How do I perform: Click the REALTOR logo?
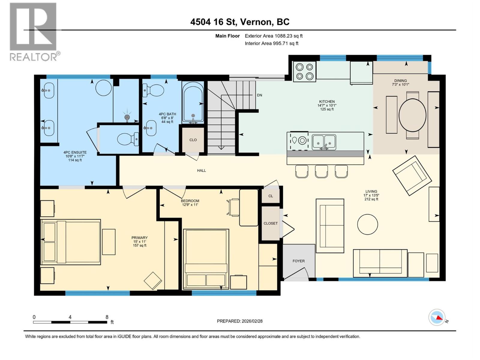pos(33,31)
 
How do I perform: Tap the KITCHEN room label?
pos(327,102)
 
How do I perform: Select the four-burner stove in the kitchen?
pos(304,71)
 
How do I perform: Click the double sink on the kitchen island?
pos(324,142)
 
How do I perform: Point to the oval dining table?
pos(412,115)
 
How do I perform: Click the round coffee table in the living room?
pos(367,224)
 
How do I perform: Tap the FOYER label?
pos(298,261)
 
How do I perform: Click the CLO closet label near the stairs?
pos(193,140)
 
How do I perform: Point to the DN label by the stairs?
pos(259,95)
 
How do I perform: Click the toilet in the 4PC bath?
pos(154,90)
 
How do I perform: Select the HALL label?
pos(201,170)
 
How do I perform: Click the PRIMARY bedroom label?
pos(139,238)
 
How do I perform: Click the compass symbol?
pos(437,317)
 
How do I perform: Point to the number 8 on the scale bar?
pos(107,317)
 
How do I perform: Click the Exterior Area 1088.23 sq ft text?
pos(274,36)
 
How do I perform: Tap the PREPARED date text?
pos(240,321)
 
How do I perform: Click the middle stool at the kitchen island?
pos(321,171)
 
